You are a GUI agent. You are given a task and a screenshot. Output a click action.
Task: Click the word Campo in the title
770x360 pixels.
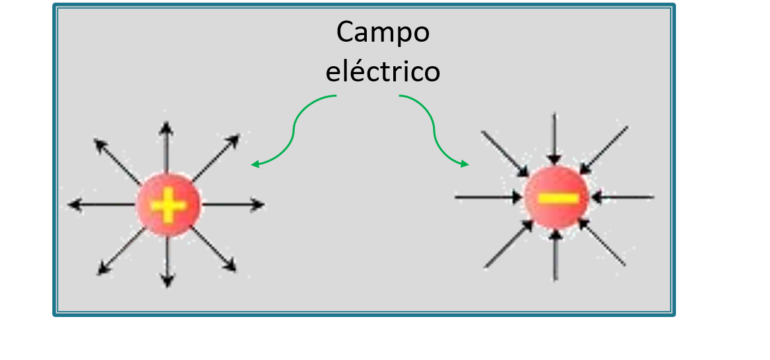383,32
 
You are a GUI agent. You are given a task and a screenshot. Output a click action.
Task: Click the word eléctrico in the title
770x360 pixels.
383,71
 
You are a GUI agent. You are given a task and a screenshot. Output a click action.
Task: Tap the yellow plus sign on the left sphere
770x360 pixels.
168,206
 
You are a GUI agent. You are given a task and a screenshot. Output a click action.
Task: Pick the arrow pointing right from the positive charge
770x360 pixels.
232,205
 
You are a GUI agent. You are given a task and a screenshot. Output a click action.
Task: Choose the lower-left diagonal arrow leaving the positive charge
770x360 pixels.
120,251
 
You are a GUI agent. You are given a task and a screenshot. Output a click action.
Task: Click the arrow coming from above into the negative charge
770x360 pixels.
555,139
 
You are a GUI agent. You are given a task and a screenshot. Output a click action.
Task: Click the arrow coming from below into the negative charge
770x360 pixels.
556,255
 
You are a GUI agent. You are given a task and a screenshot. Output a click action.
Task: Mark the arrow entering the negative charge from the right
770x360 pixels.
622,197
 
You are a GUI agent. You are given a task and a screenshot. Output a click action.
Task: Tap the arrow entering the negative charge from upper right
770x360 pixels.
604,149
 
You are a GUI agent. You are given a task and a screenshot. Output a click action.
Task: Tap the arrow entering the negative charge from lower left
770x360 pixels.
508,244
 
